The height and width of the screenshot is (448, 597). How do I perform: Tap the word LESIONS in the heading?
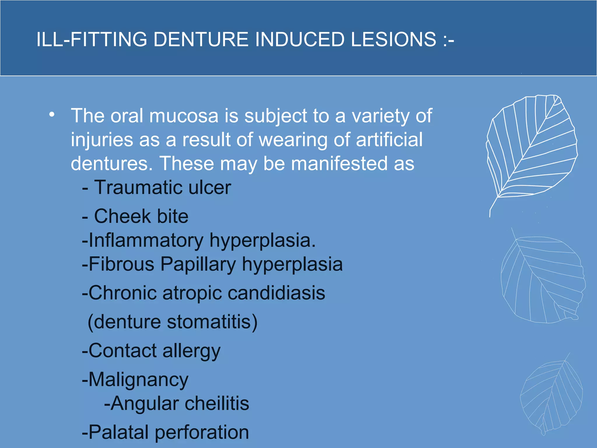(393, 40)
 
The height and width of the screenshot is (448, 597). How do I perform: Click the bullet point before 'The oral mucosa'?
(52, 115)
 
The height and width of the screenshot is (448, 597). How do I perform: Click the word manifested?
(339, 163)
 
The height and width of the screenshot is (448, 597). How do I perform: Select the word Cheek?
(122, 216)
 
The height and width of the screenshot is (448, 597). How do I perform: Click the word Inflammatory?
(146, 241)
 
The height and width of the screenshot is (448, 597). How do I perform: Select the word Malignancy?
(138, 380)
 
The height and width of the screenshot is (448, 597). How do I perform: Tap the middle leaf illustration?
(542, 280)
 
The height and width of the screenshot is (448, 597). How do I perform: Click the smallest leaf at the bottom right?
(551, 397)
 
